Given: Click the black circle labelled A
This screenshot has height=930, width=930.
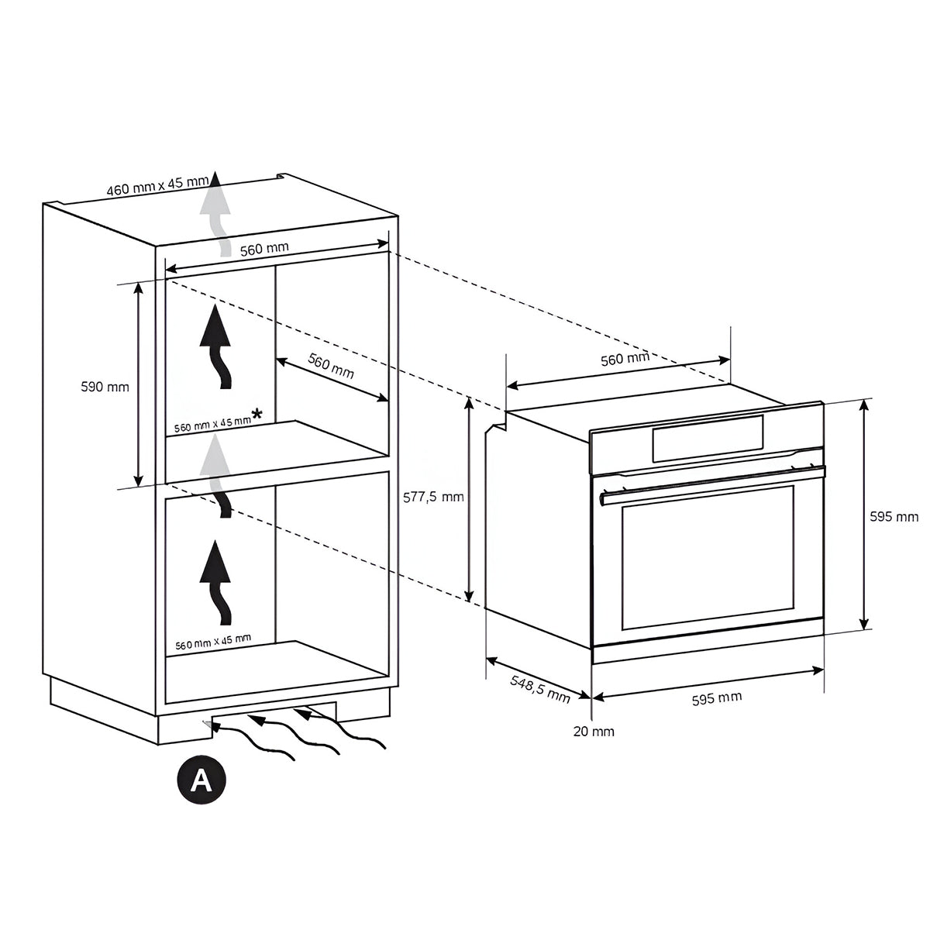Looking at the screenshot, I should click(x=201, y=780).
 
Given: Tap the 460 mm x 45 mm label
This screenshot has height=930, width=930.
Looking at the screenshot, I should click(x=158, y=187).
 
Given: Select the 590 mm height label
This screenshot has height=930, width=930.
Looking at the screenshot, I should click(x=105, y=387).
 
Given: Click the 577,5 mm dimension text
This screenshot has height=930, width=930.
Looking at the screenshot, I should click(x=434, y=497).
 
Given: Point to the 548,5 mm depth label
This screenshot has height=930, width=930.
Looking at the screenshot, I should click(x=539, y=687).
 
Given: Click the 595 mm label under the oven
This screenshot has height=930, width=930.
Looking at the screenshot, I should click(x=716, y=697).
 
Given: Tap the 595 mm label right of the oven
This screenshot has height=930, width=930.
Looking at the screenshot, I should click(x=894, y=517).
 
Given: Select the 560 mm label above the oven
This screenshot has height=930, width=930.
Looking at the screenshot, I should click(x=625, y=359).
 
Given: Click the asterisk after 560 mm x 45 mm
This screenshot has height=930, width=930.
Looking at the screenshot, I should click(x=257, y=415).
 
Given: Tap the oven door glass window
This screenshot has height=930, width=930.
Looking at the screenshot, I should click(x=708, y=558).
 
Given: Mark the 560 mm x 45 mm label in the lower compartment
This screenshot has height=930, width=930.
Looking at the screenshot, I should click(x=212, y=641).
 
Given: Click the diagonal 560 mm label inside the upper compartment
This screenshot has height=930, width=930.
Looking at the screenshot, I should click(x=331, y=365).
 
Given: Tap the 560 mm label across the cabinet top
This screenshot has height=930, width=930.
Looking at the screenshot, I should click(x=263, y=249).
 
